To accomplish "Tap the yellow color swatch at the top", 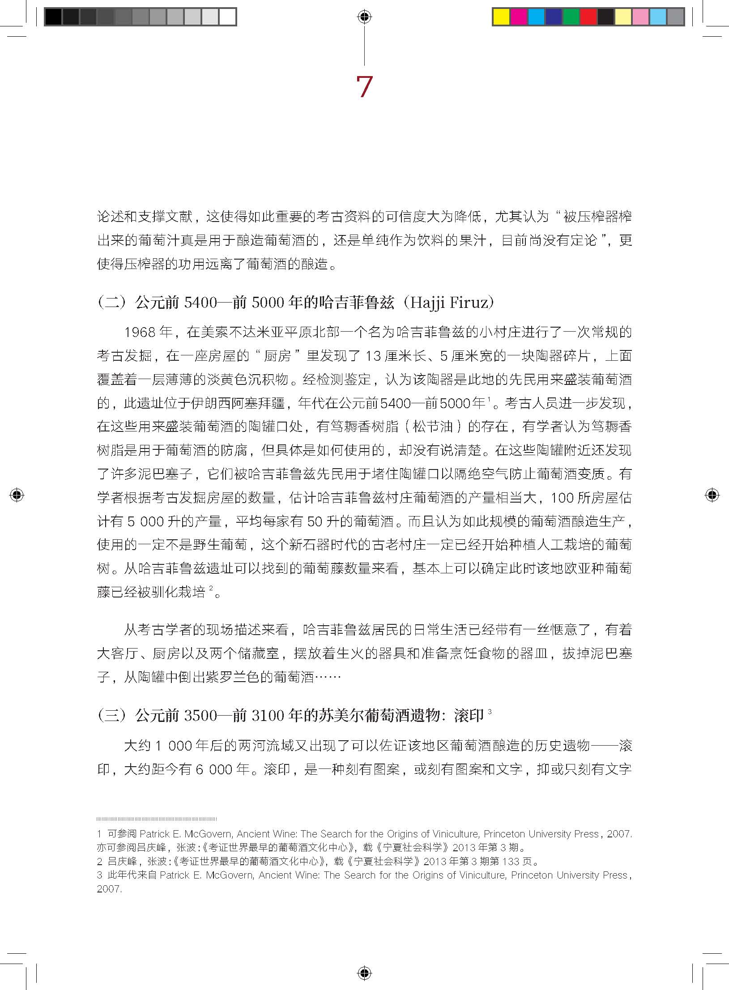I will pyautogui.click(x=501, y=17).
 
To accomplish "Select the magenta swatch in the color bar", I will pyautogui.click(x=519, y=17).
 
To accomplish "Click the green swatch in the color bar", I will pyautogui.click(x=571, y=17).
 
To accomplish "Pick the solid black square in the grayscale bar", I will pyautogui.click(x=53, y=17).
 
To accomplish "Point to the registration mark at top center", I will pyautogui.click(x=364, y=17).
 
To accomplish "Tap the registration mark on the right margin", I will pyautogui.click(x=712, y=495).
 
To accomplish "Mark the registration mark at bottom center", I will pyautogui.click(x=364, y=973).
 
